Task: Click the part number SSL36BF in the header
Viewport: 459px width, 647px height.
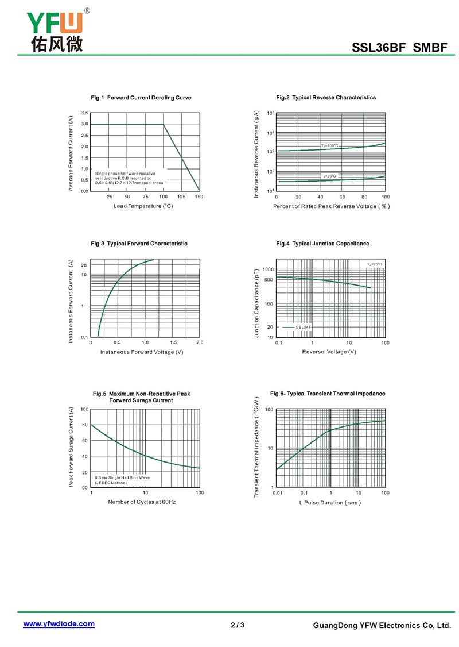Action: point(379,48)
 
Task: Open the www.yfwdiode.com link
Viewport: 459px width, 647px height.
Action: point(59,624)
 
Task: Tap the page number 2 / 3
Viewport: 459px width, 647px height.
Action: point(238,625)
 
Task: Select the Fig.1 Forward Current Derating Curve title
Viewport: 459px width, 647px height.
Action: point(141,98)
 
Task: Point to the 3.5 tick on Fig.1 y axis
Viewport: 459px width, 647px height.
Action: point(84,113)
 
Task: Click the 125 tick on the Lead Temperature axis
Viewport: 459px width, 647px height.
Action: point(181,197)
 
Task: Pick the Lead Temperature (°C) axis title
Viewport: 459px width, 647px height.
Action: point(143,206)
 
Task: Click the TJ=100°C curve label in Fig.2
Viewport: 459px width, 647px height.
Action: point(329,145)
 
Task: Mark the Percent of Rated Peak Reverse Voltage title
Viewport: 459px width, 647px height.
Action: point(331,206)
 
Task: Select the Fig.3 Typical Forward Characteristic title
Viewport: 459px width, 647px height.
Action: point(139,244)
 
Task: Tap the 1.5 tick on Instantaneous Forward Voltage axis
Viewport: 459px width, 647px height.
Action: point(173,342)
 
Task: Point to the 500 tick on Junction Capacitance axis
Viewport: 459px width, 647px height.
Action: point(269,280)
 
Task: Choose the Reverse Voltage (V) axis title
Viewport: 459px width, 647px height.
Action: point(329,352)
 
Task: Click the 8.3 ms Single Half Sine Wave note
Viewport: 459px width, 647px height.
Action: point(122,478)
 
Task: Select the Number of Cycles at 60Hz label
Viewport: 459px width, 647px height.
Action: point(142,502)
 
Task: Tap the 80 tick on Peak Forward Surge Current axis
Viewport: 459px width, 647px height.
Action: point(85,425)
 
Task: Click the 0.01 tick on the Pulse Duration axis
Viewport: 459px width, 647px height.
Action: point(278,492)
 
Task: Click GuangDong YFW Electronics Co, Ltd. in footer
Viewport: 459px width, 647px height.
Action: point(382,626)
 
